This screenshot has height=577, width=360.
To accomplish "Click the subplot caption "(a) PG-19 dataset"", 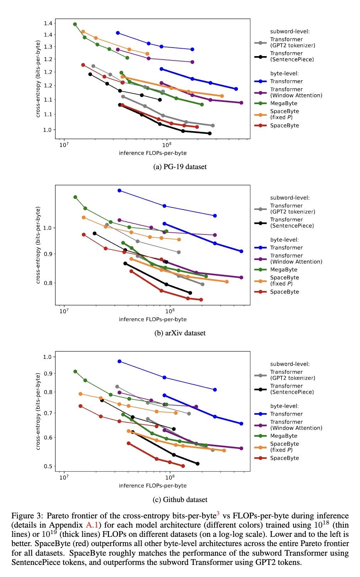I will [x=180, y=167].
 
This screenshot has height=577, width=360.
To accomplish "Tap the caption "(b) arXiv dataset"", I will [x=180, y=333].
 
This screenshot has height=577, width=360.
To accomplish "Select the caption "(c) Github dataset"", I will [x=180, y=500].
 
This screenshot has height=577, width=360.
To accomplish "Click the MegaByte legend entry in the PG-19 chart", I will [x=284, y=103].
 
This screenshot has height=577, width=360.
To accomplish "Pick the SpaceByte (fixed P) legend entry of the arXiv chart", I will [x=284, y=280].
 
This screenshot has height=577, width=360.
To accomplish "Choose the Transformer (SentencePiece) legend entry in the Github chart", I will [x=292, y=389].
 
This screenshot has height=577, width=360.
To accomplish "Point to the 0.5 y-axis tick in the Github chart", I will [x=47, y=466].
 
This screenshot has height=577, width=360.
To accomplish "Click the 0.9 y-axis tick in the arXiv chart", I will [x=47, y=254].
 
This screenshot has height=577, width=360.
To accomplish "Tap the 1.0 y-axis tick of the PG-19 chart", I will [x=47, y=130].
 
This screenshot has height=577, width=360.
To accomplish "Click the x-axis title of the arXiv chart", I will [x=153, y=319].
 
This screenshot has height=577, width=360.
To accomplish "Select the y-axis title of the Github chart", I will [x=38, y=411].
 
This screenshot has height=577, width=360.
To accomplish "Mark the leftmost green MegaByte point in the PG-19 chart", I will [x=75, y=24].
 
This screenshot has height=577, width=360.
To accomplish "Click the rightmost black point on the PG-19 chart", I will [x=209, y=133].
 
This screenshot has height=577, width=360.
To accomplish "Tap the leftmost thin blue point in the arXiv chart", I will [x=120, y=190].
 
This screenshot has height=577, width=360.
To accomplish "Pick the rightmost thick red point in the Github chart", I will [x=183, y=466].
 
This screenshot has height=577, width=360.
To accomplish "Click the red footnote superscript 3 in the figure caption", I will [x=218, y=513].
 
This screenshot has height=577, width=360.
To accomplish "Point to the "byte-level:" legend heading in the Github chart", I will [x=284, y=406].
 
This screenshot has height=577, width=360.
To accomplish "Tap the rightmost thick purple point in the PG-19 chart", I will [x=241, y=103].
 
